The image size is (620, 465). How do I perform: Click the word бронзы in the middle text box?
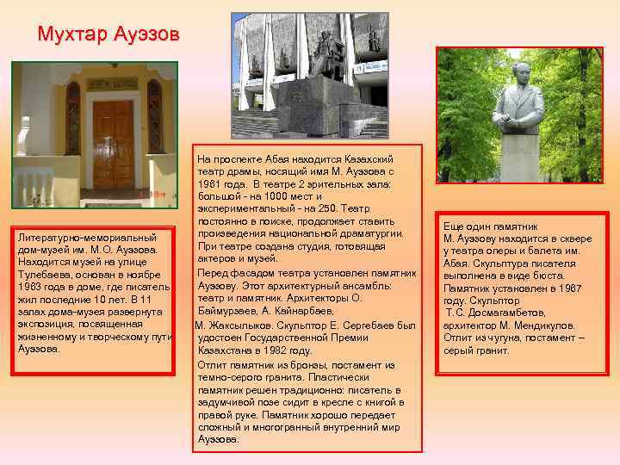pos(289,364)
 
